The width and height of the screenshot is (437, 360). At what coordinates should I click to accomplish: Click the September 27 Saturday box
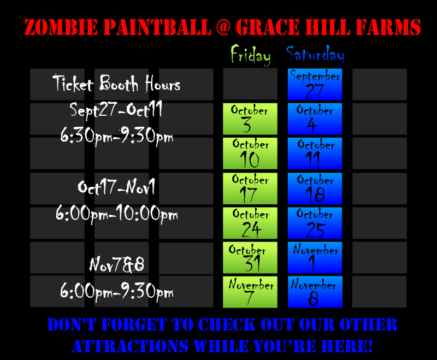coord(315,85)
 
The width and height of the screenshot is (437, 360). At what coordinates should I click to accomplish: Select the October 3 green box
coord(250,119)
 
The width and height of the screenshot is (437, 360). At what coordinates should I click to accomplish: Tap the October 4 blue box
coord(315,119)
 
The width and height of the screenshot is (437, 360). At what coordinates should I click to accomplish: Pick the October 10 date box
coord(250,154)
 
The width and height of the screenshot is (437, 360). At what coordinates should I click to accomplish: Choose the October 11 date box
coord(315,154)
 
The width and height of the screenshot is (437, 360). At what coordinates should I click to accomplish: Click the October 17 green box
coord(250,188)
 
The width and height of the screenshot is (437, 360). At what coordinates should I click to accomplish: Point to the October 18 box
coord(315,188)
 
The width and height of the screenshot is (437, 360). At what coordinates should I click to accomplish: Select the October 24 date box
coord(250,223)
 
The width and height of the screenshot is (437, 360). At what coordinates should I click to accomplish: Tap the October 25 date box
coord(315,223)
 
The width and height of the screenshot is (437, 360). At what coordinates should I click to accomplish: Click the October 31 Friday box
coord(250,257)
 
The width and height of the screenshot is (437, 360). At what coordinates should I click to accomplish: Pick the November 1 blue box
coord(315,257)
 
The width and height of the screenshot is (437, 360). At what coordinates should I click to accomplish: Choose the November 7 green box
coord(250,292)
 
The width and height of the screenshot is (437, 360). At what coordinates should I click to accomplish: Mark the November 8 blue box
coord(315,292)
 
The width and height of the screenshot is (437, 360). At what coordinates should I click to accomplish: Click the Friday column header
coord(251,55)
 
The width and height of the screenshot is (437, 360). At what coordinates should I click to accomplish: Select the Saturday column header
coord(315,55)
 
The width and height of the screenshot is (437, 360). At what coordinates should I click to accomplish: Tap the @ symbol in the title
coord(223,27)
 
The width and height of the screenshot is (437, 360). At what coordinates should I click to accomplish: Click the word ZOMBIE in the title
coord(61,27)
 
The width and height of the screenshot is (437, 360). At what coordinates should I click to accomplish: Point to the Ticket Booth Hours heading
coord(116,84)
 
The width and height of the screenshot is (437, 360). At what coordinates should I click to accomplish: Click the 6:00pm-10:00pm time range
coord(116,214)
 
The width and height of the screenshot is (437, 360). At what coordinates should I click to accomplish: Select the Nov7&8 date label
coord(117,264)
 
